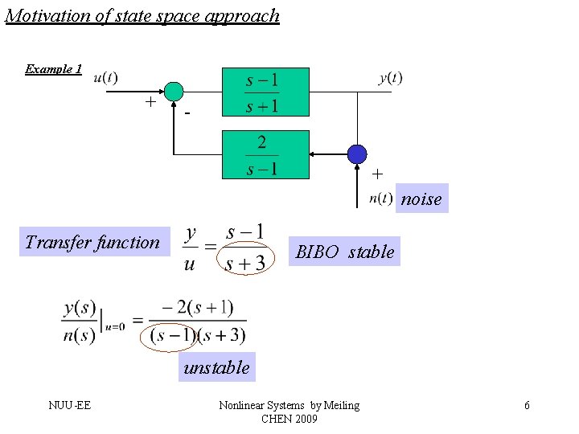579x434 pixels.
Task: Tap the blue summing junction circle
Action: pos(357,154)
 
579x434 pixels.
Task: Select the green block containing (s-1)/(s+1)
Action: pos(265,91)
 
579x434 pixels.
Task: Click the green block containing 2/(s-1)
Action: pos(265,154)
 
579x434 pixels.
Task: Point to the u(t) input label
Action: pos(105,78)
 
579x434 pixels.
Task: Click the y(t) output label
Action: pos(391,78)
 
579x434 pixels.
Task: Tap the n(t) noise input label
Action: pos(380,199)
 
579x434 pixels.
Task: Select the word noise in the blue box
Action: pos(421,199)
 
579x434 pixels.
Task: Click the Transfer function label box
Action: pos(93,242)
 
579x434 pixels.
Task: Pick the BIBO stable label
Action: pos(345,252)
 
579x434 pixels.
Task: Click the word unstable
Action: pos(216,368)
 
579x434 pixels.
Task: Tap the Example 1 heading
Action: pos(53,69)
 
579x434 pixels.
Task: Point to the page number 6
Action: pos(527,406)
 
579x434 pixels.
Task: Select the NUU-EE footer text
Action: pos(69,405)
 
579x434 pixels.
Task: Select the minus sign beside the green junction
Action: pos(187,114)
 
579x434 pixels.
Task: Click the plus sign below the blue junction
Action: pos(377,174)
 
